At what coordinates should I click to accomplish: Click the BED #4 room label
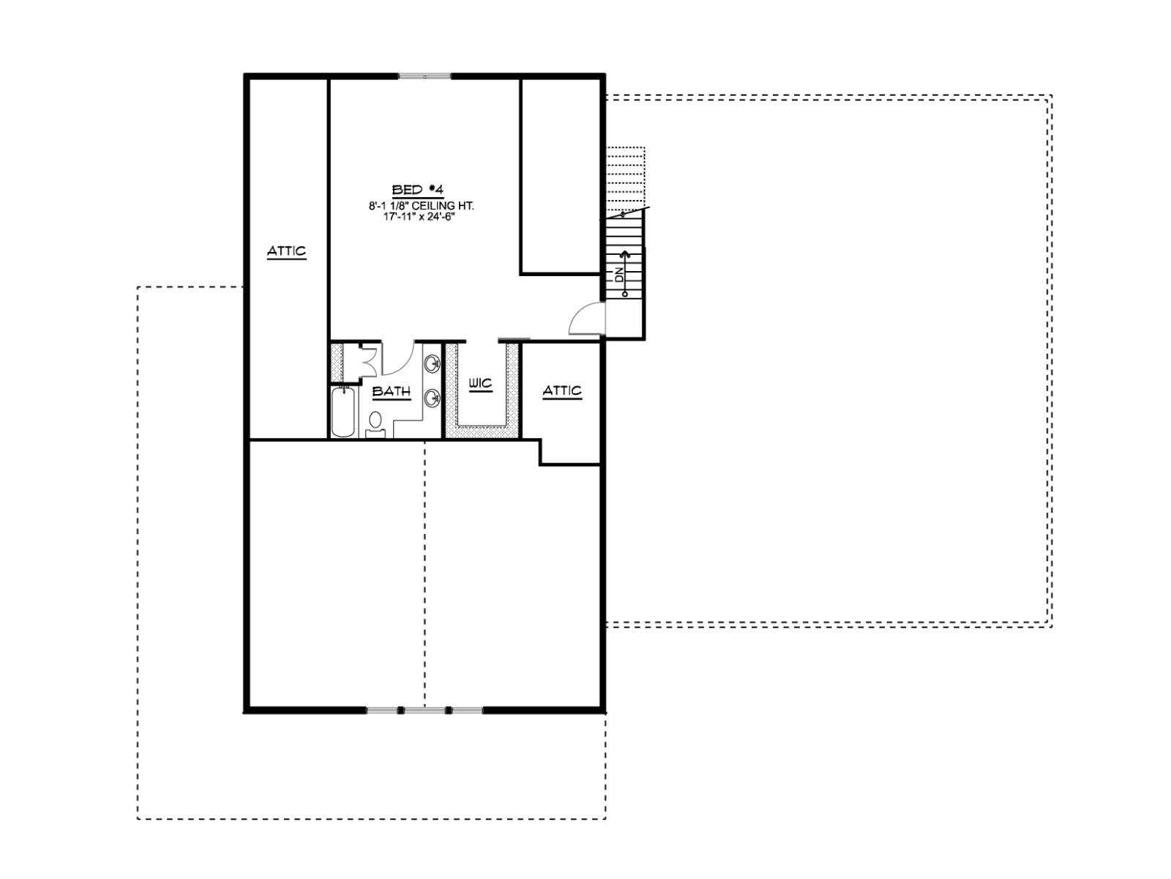pyautogui.click(x=418, y=190)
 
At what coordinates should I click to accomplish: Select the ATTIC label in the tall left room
pyautogui.click(x=286, y=251)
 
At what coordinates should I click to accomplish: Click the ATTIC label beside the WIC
pyautogui.click(x=562, y=390)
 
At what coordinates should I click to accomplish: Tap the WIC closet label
pyautogui.click(x=480, y=383)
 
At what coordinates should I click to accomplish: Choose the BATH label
pyautogui.click(x=392, y=391)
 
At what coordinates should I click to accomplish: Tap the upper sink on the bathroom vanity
pyautogui.click(x=432, y=364)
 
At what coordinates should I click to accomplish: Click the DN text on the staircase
pyautogui.click(x=618, y=275)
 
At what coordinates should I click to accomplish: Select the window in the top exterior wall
pyautogui.click(x=425, y=77)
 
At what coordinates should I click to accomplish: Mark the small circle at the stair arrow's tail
pyautogui.click(x=625, y=294)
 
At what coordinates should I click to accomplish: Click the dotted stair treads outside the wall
pyautogui.click(x=626, y=178)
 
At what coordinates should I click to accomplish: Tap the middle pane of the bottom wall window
pyautogui.click(x=425, y=710)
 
